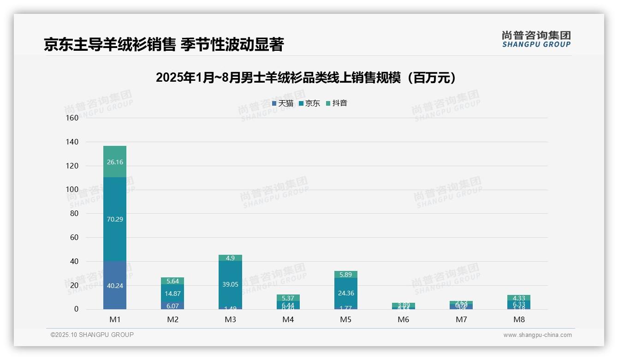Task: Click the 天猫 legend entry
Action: point(283,103)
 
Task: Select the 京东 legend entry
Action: point(309,103)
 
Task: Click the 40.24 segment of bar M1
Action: point(115,285)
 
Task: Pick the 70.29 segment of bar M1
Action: point(115,219)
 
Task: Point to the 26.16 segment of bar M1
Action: point(115,162)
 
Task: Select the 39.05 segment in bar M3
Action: point(230,284)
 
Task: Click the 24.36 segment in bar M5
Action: point(345,293)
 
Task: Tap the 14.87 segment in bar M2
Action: point(172,294)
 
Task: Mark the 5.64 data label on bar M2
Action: point(172,281)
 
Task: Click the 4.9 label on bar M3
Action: point(230,258)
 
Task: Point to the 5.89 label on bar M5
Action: point(345,275)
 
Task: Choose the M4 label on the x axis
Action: point(288,319)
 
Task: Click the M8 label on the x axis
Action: point(519,319)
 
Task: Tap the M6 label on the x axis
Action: point(404,319)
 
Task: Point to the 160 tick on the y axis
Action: point(72,118)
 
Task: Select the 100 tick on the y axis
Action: point(72,190)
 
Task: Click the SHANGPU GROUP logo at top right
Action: point(536,39)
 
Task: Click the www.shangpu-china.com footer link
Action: point(537,335)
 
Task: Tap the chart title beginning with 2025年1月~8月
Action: point(306,78)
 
